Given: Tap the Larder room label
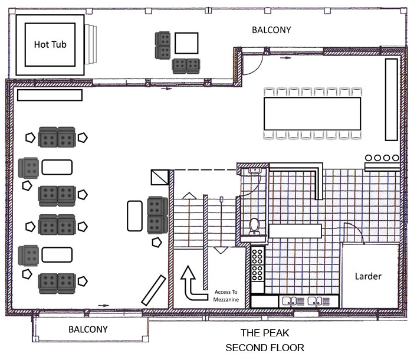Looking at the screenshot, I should [x=368, y=276].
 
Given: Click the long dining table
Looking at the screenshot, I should [x=312, y=113].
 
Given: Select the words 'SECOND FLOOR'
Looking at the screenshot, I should [x=265, y=348].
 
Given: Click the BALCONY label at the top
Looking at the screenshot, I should [x=271, y=30].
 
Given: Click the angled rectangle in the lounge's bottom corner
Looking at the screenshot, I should [x=152, y=291].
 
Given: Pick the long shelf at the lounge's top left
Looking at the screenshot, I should [x=50, y=95].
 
